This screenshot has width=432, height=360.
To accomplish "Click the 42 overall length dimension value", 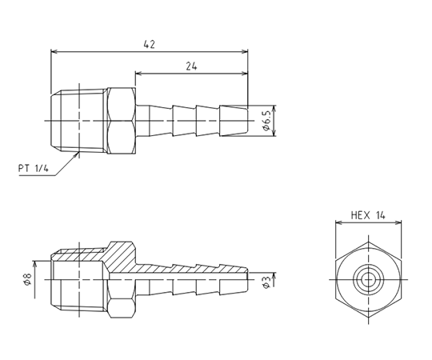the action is (x=150, y=44).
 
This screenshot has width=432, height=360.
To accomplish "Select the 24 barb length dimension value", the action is (x=191, y=66).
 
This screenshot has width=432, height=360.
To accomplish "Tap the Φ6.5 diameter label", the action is (x=266, y=121).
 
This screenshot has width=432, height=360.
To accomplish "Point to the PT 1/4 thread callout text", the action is (x=34, y=168).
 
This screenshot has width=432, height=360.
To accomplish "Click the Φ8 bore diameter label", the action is (x=28, y=279).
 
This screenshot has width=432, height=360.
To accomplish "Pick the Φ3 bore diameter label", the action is (x=266, y=282).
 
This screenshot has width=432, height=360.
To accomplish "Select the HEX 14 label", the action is (x=368, y=215).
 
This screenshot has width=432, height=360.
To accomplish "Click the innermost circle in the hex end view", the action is (x=368, y=280).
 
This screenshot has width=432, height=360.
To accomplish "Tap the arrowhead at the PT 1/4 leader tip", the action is (x=76, y=154).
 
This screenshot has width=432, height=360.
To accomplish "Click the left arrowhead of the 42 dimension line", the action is (x=54, y=51).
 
